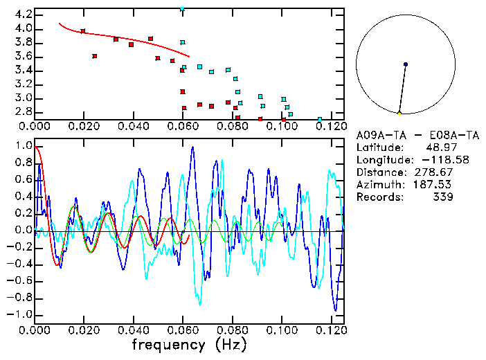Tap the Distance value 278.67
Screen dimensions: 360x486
(433, 172)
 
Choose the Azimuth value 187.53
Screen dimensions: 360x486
(433, 185)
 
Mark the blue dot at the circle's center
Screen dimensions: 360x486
(406, 64)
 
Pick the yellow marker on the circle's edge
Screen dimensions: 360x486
(399, 113)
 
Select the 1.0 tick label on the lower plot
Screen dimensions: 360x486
(22, 147)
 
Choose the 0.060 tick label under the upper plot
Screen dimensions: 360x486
(183, 126)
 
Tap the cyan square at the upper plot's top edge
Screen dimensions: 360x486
(182, 9)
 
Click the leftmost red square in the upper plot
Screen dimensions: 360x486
(83, 31)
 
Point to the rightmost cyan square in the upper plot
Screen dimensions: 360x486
(319, 120)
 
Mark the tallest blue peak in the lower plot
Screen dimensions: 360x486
(192, 147)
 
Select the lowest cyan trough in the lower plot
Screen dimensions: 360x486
(200, 304)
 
